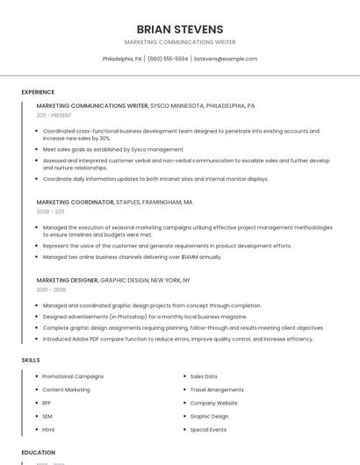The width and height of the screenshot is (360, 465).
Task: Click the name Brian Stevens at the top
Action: [180, 29]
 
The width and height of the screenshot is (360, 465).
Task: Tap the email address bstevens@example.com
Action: [226, 59]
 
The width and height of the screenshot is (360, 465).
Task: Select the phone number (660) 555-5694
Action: [168, 59]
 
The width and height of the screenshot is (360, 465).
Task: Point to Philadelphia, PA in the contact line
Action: [122, 59]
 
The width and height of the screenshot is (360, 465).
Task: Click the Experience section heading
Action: [38, 92]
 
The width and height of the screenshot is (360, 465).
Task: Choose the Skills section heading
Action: [31, 360]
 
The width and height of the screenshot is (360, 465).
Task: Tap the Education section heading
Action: [39, 453]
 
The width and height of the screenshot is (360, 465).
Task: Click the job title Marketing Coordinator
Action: [76, 202]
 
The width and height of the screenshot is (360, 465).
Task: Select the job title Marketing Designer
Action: [68, 280]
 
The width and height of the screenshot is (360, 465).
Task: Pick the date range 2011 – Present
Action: [54, 115]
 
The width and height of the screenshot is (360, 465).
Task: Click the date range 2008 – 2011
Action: [50, 211]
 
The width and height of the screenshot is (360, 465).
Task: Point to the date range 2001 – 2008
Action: [51, 290]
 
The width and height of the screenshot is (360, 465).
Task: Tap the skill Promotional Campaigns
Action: [73, 376]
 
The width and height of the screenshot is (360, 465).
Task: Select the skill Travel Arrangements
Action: [217, 390]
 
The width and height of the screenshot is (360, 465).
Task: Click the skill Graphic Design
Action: [209, 416]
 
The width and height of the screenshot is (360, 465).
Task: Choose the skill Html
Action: [48, 430]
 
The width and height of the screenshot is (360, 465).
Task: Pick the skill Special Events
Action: [208, 430]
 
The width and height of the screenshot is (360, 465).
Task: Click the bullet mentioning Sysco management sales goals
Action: [113, 149]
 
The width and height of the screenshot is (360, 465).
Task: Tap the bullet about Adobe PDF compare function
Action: [177, 339]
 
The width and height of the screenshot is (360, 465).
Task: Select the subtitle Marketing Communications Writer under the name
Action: [180, 42]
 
